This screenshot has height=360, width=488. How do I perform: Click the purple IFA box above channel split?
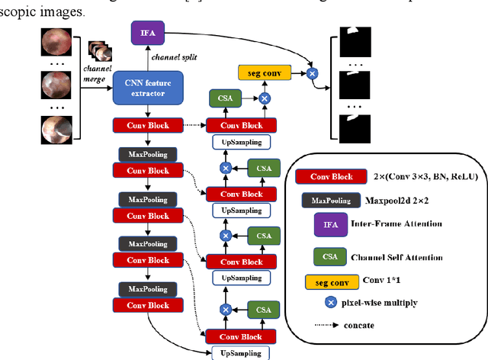(147, 34)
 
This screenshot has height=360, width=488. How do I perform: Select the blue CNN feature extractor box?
(148, 88)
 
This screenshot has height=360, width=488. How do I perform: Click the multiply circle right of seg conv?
(311, 74)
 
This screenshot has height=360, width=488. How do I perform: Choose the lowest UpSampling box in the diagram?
(241, 352)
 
